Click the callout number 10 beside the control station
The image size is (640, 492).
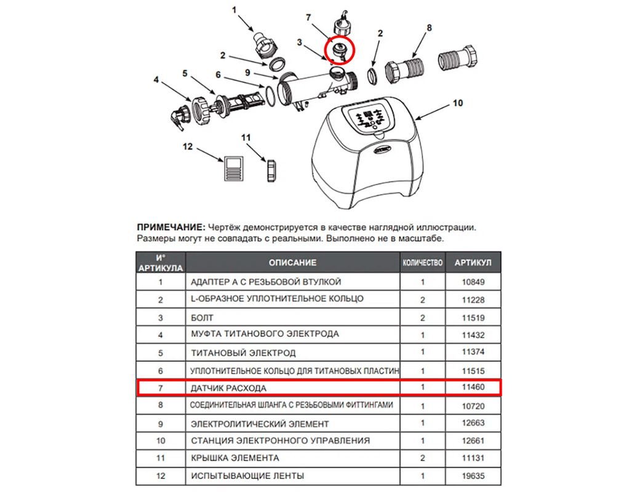click(457, 103)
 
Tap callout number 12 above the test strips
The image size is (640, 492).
click(188, 147)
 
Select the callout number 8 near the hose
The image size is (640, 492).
click(429, 28)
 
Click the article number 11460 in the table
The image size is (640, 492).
click(472, 388)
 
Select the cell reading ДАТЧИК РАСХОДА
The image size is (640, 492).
click(229, 389)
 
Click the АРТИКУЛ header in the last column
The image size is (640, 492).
click(473, 263)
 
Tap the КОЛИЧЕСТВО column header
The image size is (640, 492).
click(423, 263)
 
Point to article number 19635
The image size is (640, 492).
click(472, 475)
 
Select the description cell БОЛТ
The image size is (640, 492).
click(202, 318)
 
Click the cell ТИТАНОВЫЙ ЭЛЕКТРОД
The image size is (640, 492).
click(243, 353)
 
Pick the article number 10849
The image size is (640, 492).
click(472, 282)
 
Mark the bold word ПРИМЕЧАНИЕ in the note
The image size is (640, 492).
click(170, 227)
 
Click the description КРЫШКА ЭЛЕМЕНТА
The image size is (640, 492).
click(235, 458)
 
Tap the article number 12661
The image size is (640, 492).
click(472, 440)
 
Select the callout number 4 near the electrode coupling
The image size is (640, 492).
click(156, 79)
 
